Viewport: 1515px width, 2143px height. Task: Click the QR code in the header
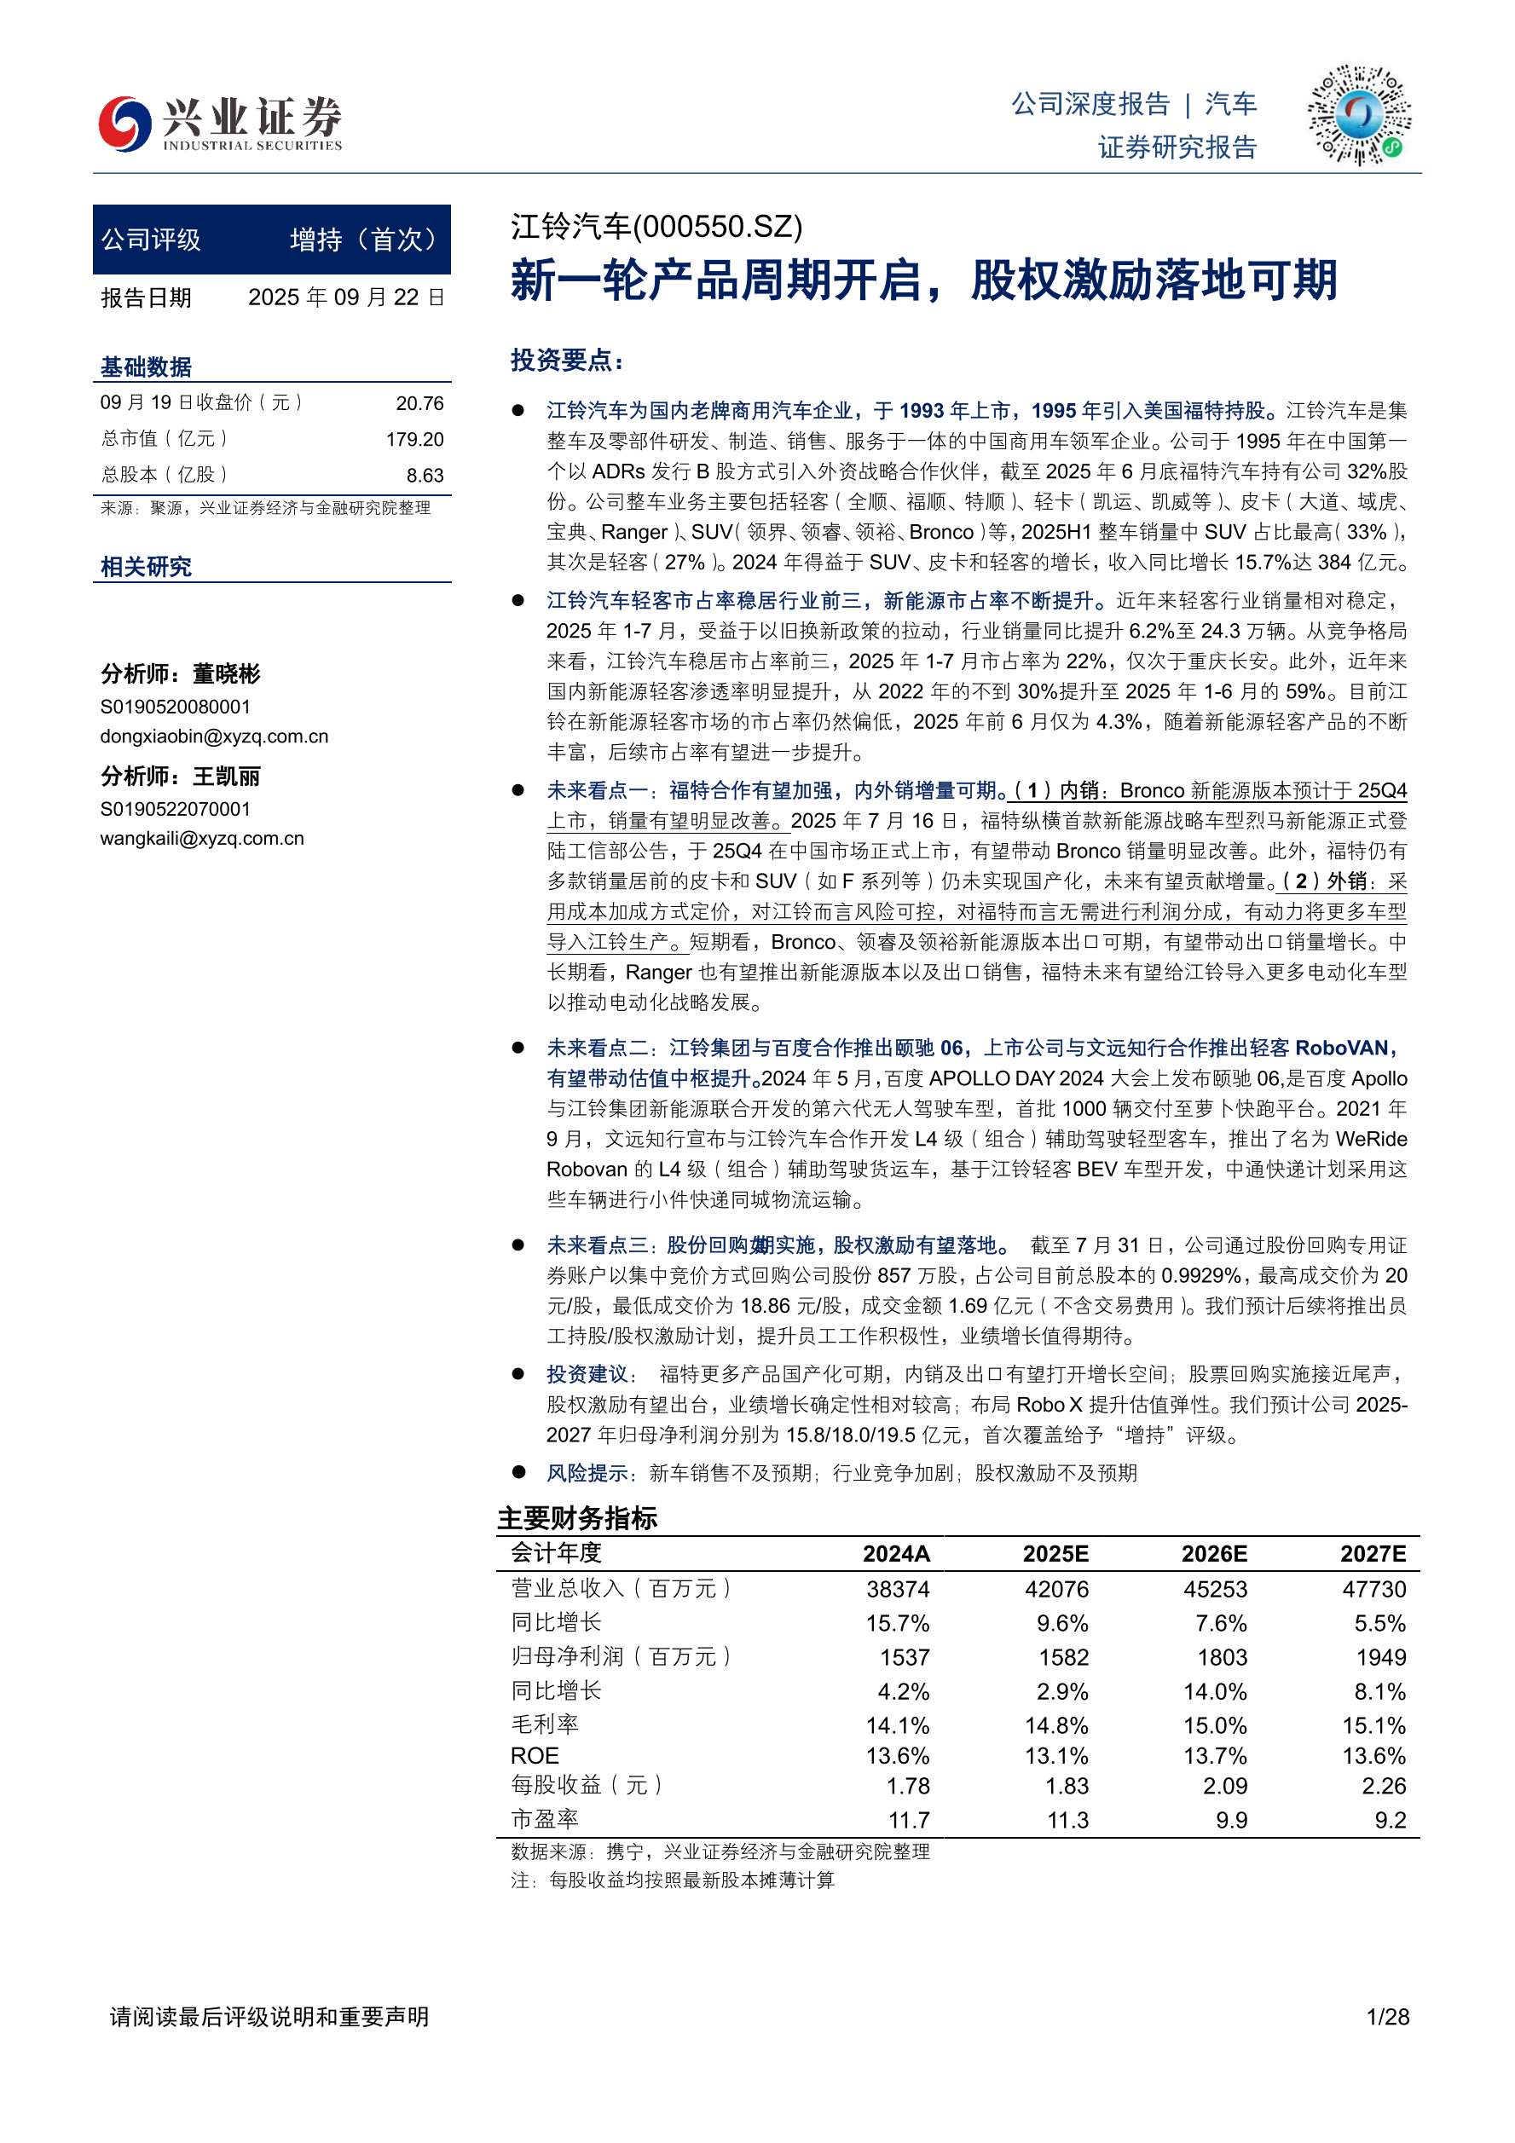[1358, 115]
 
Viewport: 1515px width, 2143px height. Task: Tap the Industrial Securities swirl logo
[125, 122]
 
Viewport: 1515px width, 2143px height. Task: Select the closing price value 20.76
[419, 403]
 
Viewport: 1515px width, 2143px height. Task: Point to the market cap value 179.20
[414, 439]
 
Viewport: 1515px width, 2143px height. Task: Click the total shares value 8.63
[425, 475]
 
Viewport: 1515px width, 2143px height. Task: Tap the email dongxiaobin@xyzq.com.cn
[214, 736]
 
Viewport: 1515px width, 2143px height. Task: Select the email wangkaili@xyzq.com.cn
[201, 838]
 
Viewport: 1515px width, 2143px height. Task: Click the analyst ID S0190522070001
[176, 808]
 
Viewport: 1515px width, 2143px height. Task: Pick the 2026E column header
[1213, 1553]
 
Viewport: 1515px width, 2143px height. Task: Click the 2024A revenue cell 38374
[897, 1589]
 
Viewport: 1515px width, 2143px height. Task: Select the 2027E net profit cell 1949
[1380, 1657]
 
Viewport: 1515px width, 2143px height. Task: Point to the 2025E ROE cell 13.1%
[1055, 1756]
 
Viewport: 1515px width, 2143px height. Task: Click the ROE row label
[535, 1756]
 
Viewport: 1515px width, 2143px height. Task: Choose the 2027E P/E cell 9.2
[1390, 1820]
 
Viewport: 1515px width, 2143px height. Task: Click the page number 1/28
[1387, 2017]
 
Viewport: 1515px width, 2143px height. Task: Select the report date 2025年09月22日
[346, 297]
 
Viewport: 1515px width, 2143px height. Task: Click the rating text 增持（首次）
[364, 240]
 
